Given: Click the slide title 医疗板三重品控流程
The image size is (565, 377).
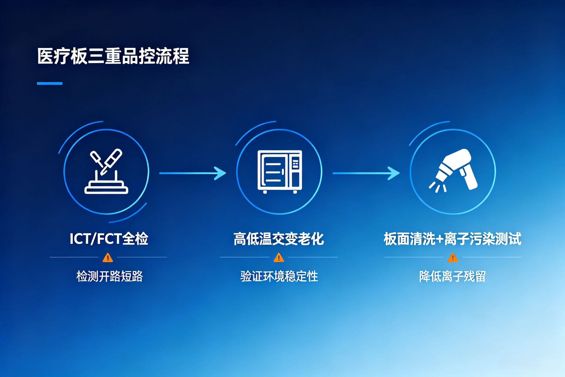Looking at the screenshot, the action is (113, 56).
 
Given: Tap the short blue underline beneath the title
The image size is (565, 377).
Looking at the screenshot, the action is (50, 83).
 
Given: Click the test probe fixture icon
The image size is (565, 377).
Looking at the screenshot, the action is (106, 171).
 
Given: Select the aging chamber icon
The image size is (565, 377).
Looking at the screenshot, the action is (280, 172).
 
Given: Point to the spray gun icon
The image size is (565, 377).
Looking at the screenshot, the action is (453, 170).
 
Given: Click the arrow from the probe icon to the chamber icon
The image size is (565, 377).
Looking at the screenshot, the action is (193, 173).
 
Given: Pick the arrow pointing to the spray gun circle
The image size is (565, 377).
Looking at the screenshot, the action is (366, 173).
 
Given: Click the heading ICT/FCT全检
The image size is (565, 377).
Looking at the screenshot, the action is (109, 239).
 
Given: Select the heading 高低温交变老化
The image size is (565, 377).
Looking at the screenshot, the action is (278, 239).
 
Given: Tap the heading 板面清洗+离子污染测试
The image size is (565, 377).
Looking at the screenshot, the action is (452, 239).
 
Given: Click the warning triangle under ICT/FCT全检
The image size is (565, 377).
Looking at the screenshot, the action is (108, 258).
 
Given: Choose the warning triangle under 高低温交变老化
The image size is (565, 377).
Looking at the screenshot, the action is (279, 258).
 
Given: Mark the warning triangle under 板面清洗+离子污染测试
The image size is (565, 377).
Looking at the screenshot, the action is (453, 258).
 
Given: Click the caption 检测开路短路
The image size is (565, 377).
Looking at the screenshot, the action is (110, 276).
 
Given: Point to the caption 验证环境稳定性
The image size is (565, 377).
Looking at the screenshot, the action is (279, 276).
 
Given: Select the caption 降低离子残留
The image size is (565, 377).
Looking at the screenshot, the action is (452, 276).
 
